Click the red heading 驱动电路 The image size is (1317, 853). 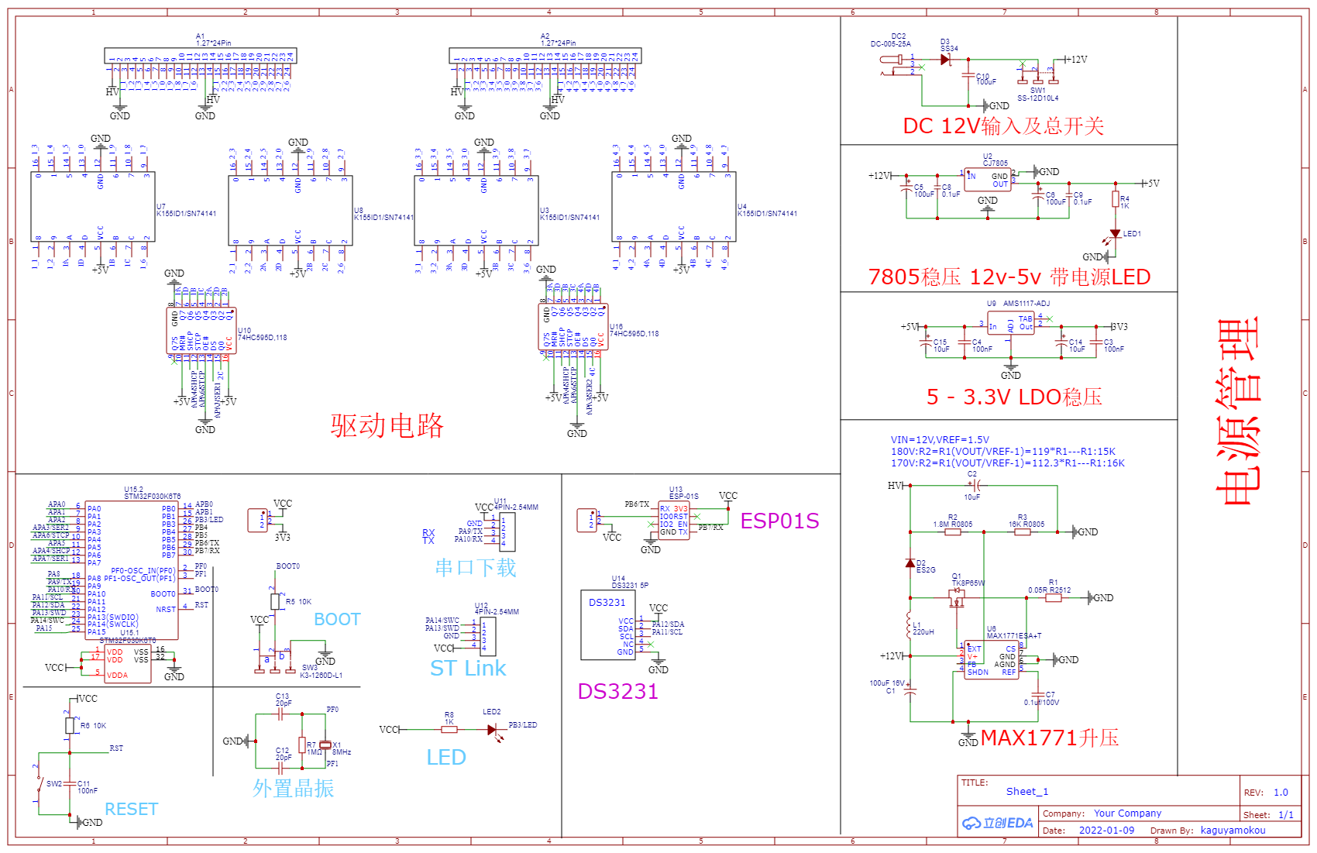click(x=387, y=425)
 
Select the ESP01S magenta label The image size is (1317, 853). click(x=779, y=521)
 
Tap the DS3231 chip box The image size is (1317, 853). click(x=607, y=625)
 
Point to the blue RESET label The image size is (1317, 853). click(x=131, y=809)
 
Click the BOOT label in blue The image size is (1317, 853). click(x=337, y=619)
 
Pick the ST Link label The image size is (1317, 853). click(x=468, y=668)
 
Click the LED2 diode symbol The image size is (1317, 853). click(x=492, y=730)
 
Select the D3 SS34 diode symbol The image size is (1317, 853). click(x=945, y=60)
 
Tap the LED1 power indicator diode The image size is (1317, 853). click(x=1115, y=233)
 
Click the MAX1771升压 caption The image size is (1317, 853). click(x=1050, y=738)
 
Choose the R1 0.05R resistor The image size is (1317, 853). click(x=1054, y=598)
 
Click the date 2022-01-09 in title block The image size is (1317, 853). click(x=1106, y=830)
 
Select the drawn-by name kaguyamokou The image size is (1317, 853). click(x=1233, y=830)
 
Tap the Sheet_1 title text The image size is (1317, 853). click(x=1026, y=791)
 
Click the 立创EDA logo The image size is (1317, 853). click(x=998, y=823)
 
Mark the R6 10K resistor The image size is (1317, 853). click(x=70, y=726)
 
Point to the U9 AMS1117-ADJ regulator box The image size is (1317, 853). click(x=1010, y=326)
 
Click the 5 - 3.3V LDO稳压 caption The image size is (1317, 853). click(x=1014, y=397)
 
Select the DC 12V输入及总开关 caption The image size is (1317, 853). click(x=1003, y=126)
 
